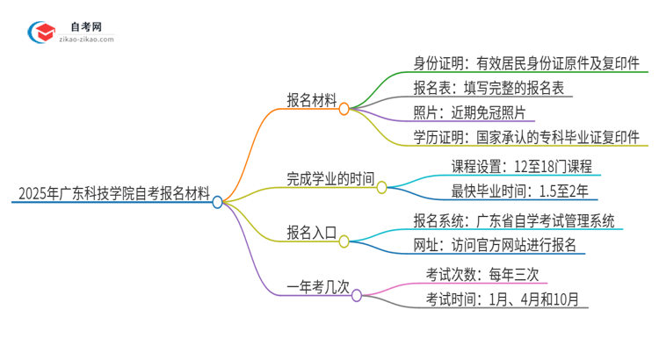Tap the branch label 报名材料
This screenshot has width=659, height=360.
[x=312, y=99]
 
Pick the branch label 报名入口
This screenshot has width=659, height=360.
[x=312, y=232]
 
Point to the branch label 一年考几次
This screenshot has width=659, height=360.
[x=318, y=286]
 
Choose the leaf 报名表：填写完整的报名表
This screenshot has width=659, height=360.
[x=493, y=88]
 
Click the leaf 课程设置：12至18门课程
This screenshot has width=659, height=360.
[x=521, y=165]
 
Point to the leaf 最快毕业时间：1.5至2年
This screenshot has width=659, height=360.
[x=519, y=190]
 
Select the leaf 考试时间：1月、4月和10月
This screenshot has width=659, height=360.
[x=503, y=299]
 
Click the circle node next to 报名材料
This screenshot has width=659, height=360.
[x=344, y=109]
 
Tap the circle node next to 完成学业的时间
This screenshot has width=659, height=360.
[x=381, y=186]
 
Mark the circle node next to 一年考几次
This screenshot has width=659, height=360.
[x=357, y=296]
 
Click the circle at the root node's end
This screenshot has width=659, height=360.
[x=218, y=202]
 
